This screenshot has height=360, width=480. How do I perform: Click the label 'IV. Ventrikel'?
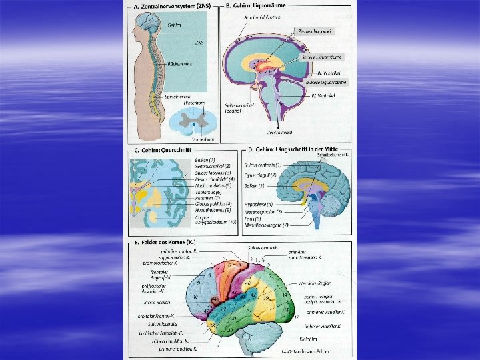pos(323,95)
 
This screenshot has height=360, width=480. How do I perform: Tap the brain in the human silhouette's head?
pos(147,25)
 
